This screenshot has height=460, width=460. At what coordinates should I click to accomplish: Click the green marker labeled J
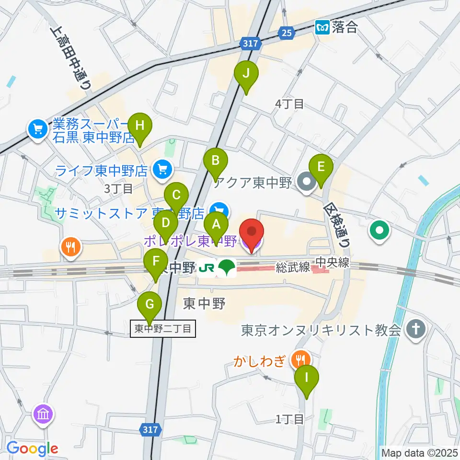pyautogui.click(x=246, y=74)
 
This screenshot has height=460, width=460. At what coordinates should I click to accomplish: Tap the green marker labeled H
pyautogui.click(x=139, y=126)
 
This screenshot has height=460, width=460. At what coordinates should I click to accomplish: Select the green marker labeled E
pyautogui.click(x=321, y=167)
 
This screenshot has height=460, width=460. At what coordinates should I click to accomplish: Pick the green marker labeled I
pyautogui.click(x=306, y=378)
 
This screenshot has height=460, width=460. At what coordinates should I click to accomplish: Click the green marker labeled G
pyautogui.click(x=150, y=305)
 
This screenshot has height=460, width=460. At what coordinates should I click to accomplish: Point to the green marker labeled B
pyautogui.click(x=216, y=161)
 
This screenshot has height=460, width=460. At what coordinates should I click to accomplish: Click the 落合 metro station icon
pyautogui.click(x=322, y=27)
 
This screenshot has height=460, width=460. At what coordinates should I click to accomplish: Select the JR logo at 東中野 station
pyautogui.click(x=207, y=267)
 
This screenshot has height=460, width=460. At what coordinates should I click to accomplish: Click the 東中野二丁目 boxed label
pyautogui.click(x=163, y=329)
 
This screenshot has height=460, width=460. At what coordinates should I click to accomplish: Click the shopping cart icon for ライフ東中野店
pyautogui.click(x=163, y=169)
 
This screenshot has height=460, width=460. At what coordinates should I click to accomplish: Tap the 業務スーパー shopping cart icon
pyautogui.click(x=37, y=128)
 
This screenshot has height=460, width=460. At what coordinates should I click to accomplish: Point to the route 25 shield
pyautogui.click(x=287, y=33)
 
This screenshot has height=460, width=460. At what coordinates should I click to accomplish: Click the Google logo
pyautogui.click(x=32, y=448)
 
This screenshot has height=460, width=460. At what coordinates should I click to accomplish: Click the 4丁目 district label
pyautogui.click(x=289, y=103)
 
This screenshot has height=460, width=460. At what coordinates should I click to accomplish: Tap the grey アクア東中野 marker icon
pyautogui.click(x=305, y=182)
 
